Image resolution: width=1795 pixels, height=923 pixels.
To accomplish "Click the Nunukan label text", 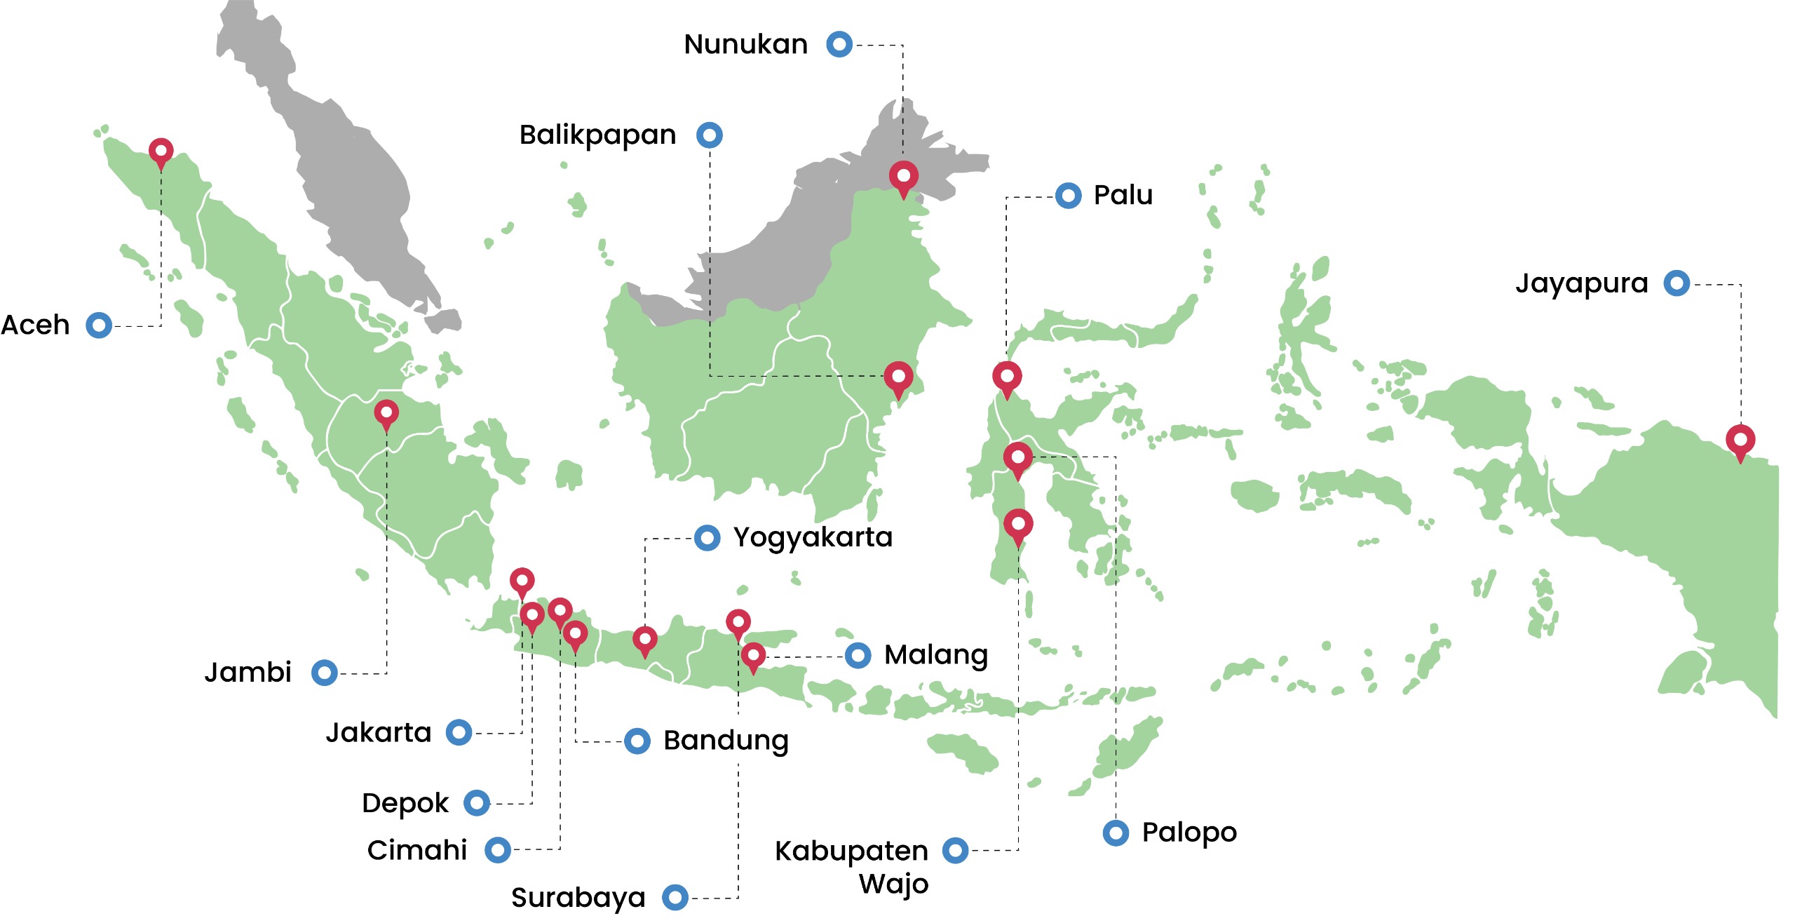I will click(x=745, y=44).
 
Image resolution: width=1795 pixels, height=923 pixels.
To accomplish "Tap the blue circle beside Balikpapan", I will click(x=709, y=135).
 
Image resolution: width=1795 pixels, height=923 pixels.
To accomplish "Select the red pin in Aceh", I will click(x=161, y=151).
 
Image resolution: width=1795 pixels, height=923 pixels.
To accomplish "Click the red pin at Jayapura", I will click(x=1740, y=440).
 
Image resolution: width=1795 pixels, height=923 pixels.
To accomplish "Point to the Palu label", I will click(x=1123, y=195).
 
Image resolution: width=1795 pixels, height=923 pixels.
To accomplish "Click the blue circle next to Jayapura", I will click(x=1677, y=283).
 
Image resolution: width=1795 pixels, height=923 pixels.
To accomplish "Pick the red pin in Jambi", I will click(x=386, y=413).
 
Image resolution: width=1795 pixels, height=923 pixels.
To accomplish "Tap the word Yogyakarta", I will click(x=813, y=537).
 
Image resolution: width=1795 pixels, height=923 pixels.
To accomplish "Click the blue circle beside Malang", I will click(x=858, y=655).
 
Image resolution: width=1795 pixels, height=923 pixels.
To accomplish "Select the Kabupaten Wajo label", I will click(x=851, y=866).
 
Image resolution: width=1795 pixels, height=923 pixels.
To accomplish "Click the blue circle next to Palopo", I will click(x=1116, y=833).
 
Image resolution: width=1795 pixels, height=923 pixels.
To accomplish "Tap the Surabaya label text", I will click(x=578, y=897).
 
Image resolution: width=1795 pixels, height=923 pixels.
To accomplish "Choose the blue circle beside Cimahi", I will click(x=498, y=850).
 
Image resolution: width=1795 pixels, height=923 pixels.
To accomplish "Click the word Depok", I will click(x=405, y=803).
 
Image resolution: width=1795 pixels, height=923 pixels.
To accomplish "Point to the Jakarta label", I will click(x=378, y=733).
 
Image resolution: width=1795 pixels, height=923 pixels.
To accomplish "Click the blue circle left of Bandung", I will click(x=637, y=741).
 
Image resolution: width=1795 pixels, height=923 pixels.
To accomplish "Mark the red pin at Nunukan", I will click(x=903, y=176).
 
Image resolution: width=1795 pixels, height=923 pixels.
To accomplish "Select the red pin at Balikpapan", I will click(x=897, y=377).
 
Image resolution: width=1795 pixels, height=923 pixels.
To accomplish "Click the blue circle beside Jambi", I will click(x=324, y=673).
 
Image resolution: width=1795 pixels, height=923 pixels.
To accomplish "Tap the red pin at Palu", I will click(x=1006, y=377).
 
